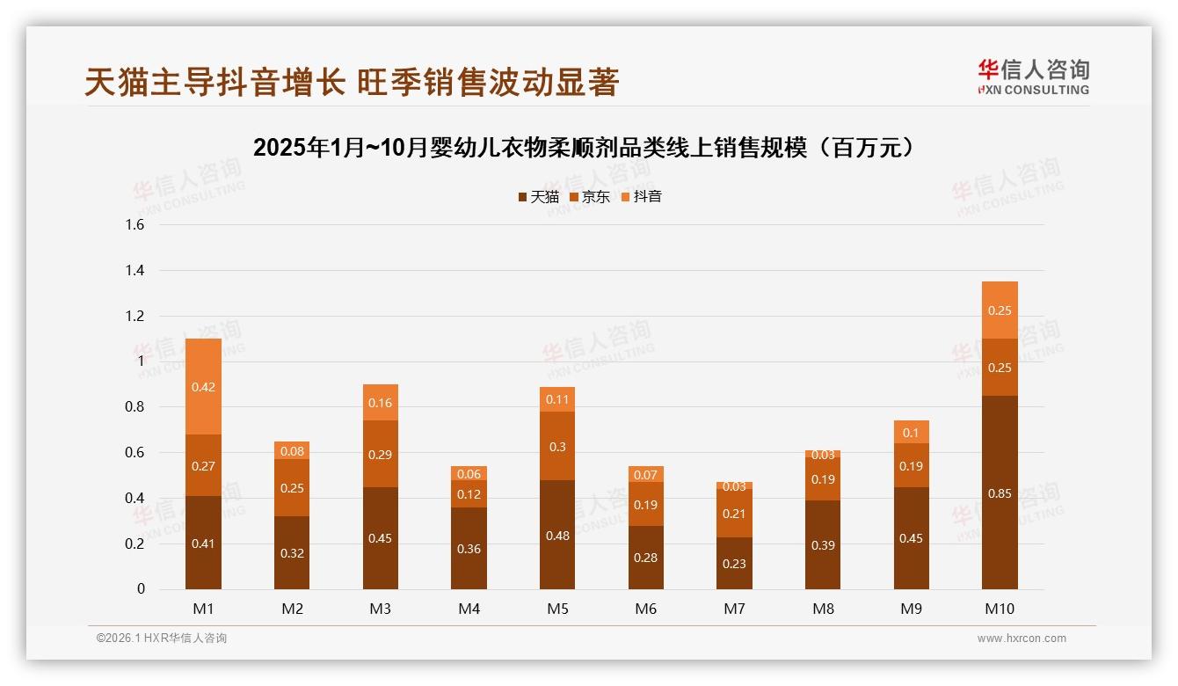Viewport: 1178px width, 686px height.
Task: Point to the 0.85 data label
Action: (1000, 493)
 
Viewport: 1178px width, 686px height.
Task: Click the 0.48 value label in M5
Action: (557, 536)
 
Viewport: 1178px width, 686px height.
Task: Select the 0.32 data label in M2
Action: (292, 553)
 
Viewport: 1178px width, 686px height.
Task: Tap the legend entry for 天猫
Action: (538, 197)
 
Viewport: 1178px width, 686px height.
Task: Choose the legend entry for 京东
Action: (589, 197)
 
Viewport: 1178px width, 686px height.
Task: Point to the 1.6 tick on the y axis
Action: (135, 225)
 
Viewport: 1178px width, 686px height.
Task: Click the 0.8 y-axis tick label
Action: (135, 407)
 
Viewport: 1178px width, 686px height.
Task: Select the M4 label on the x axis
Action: (469, 609)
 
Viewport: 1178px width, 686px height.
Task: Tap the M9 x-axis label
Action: (912, 609)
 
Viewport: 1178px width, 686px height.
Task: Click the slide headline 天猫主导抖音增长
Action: (352, 82)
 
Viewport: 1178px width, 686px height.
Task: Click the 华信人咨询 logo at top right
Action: (1033, 77)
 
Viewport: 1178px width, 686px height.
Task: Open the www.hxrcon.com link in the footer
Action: (1022, 639)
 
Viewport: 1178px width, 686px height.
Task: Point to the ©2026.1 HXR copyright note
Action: (162, 639)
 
